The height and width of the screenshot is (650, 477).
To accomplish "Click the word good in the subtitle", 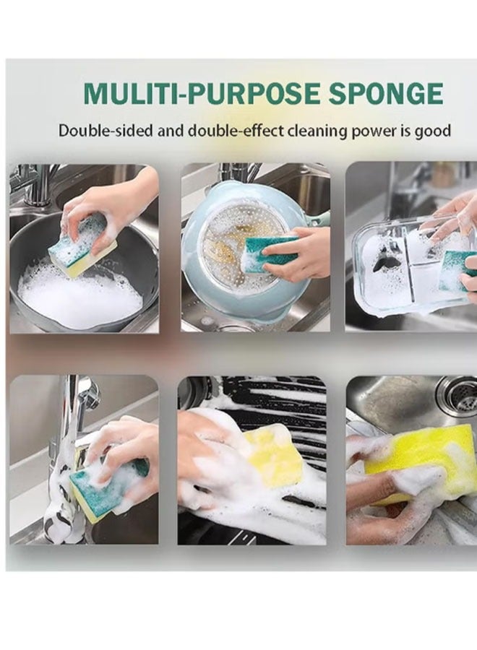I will (432, 131).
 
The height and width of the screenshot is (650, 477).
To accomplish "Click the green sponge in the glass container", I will (455, 271).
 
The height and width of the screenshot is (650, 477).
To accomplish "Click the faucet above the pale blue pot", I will (238, 173).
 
